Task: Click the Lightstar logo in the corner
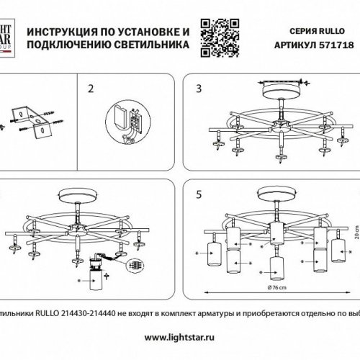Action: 6,36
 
